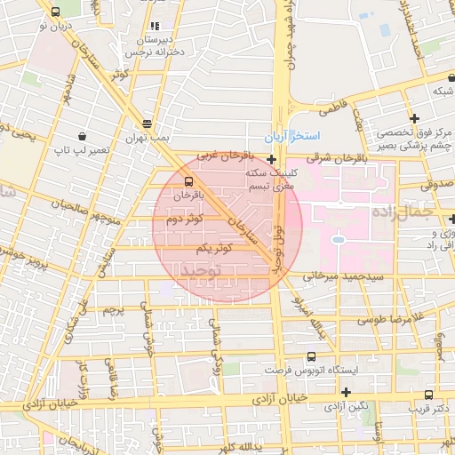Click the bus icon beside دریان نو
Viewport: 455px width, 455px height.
(x=57, y=12)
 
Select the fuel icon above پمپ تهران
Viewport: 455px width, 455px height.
(x=147, y=123)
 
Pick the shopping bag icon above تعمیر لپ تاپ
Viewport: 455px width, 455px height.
(x=83, y=137)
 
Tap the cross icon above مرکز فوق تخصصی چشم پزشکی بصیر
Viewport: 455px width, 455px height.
(x=414, y=118)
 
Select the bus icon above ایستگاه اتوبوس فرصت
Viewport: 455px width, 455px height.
(x=312, y=353)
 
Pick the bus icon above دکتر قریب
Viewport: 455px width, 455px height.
(x=429, y=395)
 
